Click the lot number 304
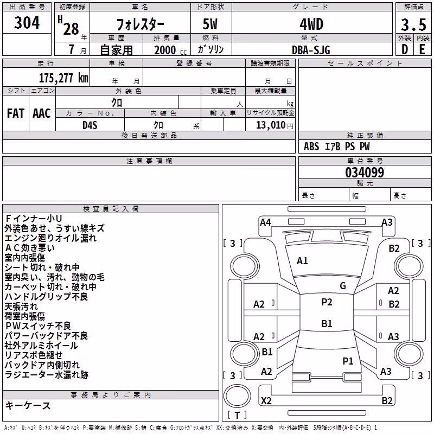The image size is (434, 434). click(x=27, y=23)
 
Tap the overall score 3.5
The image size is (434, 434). click(x=413, y=25)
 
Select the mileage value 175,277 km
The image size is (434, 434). click(x=63, y=78)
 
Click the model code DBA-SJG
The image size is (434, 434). click(x=311, y=50)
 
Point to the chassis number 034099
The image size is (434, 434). click(x=365, y=173)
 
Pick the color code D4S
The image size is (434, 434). click(x=90, y=125)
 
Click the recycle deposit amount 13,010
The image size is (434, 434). click(x=271, y=125)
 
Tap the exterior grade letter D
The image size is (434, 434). click(x=405, y=49)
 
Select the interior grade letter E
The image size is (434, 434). click(x=422, y=49)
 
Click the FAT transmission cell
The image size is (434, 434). click(x=16, y=113)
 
